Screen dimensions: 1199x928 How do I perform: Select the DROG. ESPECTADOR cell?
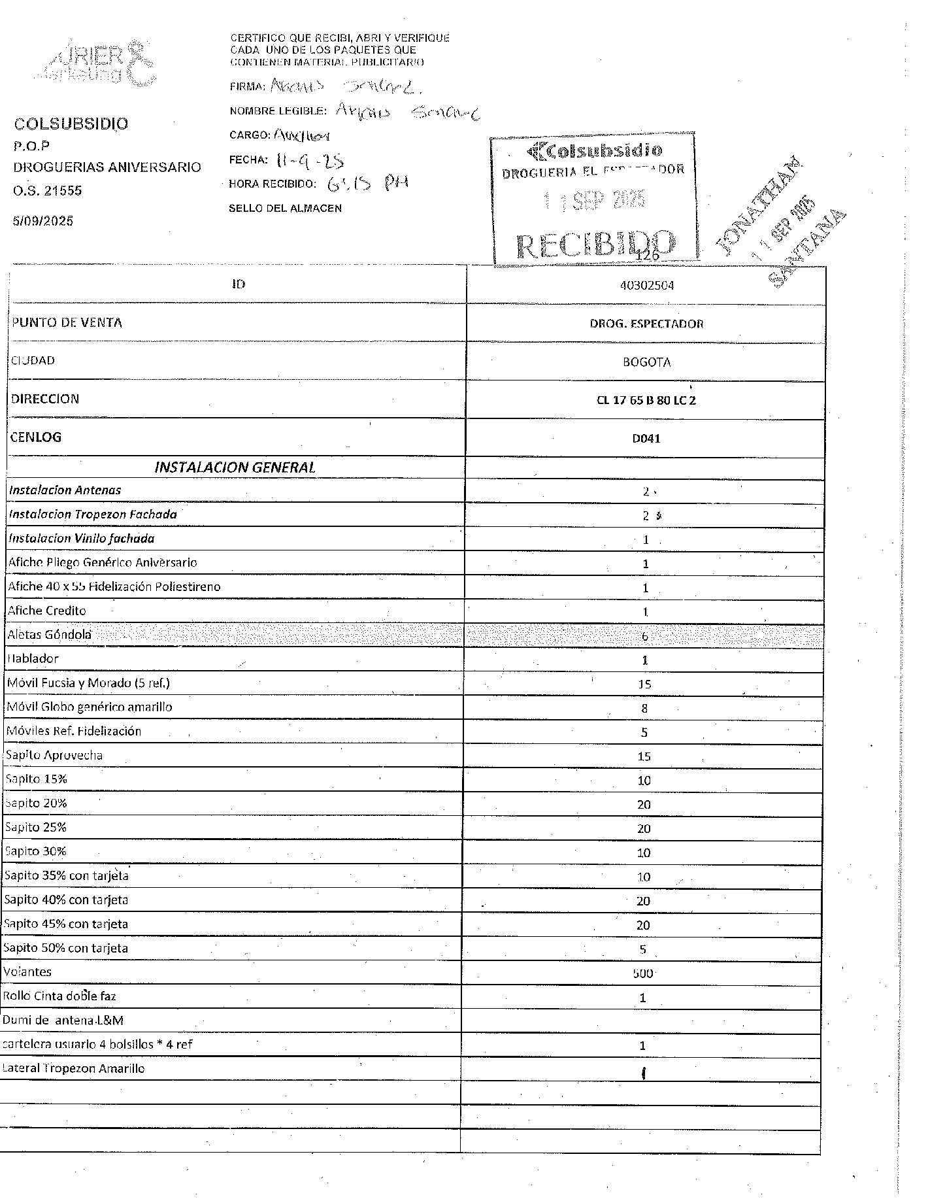pyautogui.click(x=646, y=324)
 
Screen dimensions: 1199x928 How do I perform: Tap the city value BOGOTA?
pyautogui.click(x=646, y=362)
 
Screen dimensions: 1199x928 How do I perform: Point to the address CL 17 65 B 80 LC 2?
pyautogui.click(x=646, y=400)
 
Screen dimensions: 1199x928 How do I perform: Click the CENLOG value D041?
pyautogui.click(x=646, y=439)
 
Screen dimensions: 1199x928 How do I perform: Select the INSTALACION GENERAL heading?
pyautogui.click(x=235, y=467)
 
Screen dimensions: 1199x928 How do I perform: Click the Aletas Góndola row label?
pyautogui.click(x=50, y=634)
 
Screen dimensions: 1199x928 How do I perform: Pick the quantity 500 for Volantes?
pyautogui.click(x=643, y=973)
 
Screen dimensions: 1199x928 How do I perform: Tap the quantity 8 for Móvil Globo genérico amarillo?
pyautogui.click(x=644, y=708)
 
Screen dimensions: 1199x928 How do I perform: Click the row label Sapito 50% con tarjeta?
pyautogui.click(x=66, y=948)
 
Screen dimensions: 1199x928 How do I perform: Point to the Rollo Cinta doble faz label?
pyautogui.click(x=59, y=996)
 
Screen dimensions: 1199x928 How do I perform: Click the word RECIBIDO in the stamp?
pyautogui.click(x=595, y=243)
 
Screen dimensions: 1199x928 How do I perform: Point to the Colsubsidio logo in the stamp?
pyautogui.click(x=594, y=151)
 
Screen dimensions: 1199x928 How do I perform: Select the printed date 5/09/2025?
pyautogui.click(x=43, y=221)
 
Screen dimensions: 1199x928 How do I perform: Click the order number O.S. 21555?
pyautogui.click(x=48, y=191)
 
